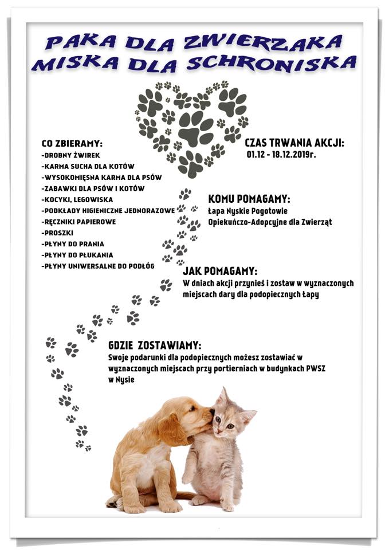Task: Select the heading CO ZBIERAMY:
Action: click(x=76, y=144)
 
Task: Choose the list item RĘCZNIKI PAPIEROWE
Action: click(x=79, y=221)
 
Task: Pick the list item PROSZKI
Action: click(x=58, y=233)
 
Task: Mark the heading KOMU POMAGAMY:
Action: click(x=249, y=199)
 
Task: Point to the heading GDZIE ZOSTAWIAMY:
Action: click(x=155, y=345)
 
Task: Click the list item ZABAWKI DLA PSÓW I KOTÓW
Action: click(x=93, y=188)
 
